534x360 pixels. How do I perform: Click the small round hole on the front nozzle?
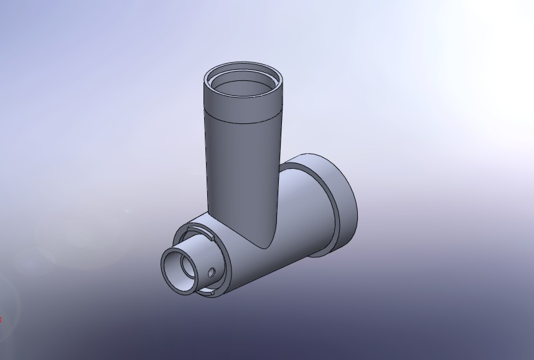point(212,272)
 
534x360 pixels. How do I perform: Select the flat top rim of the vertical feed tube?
point(243,65)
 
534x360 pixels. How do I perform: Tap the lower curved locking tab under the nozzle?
point(206,291)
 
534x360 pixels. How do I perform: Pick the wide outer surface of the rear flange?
point(345,206)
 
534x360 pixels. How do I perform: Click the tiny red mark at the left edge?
point(1,320)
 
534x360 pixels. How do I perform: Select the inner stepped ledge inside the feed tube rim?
point(244,77)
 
